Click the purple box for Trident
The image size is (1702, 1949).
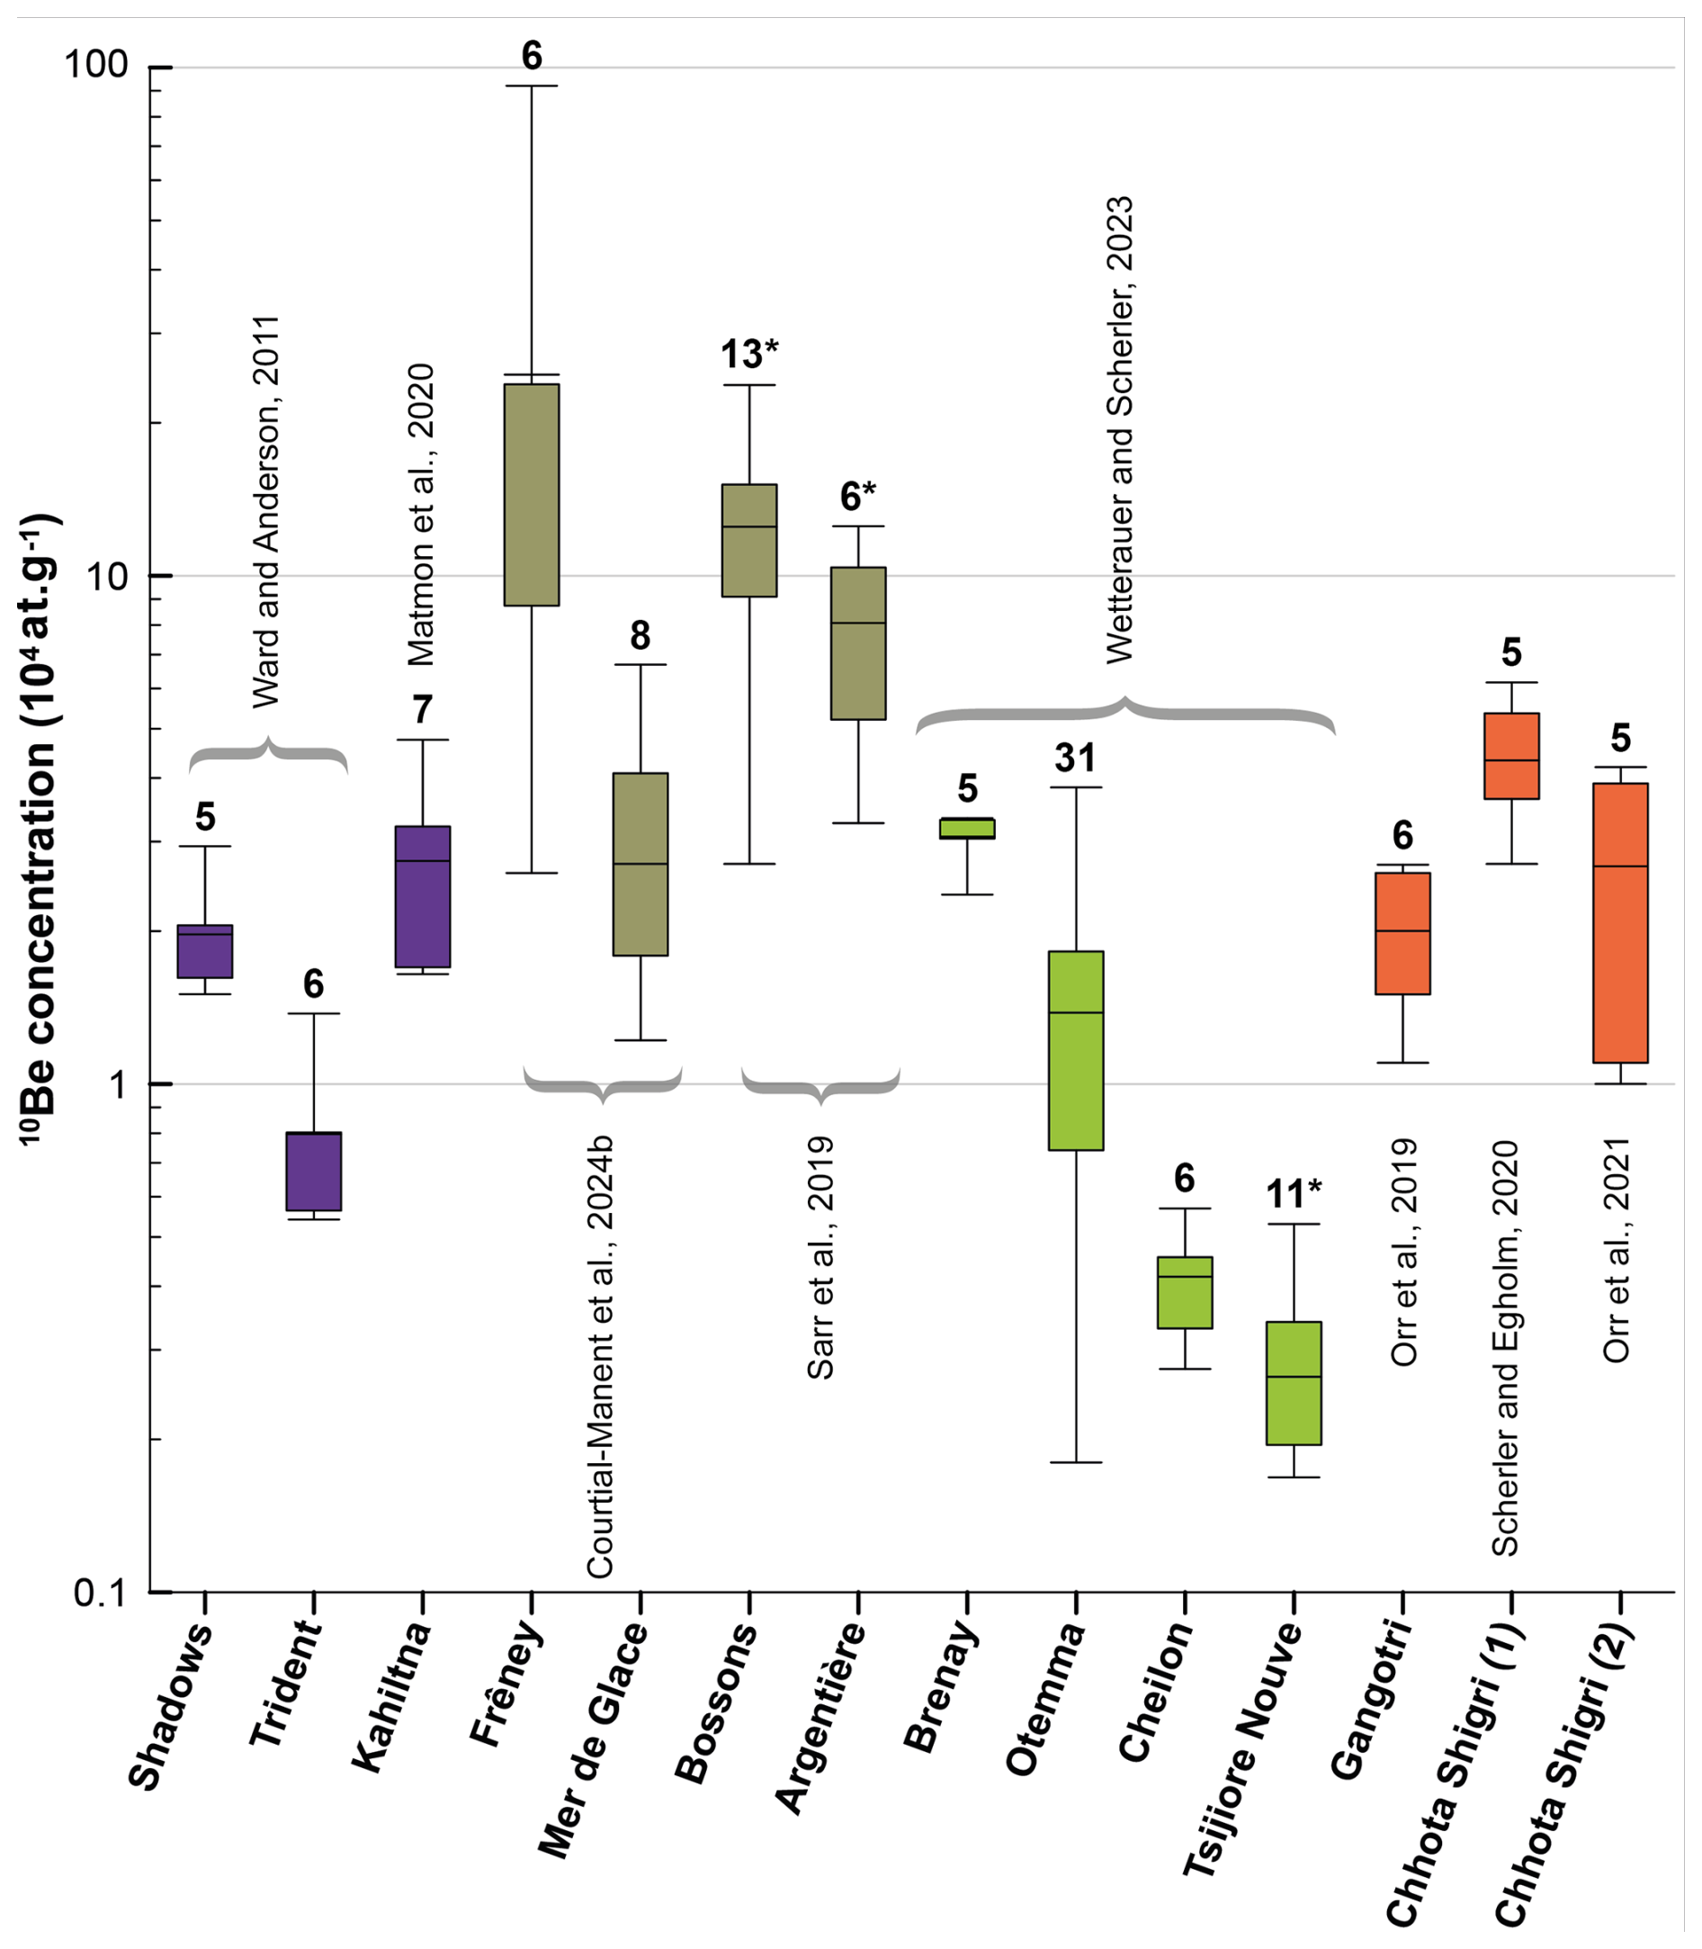coord(313,1172)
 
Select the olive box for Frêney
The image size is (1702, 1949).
coord(531,494)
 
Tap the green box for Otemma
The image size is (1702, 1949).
coord(1075,1049)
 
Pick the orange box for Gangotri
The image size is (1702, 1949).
coord(1402,934)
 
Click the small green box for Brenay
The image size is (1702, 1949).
coord(967,828)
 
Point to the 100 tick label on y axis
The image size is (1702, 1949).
coord(95,65)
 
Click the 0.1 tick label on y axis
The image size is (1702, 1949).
coord(100,1593)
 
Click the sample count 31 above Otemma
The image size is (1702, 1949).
coord(1075,758)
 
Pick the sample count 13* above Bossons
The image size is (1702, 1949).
coord(749,355)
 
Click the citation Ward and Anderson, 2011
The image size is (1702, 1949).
coord(267,512)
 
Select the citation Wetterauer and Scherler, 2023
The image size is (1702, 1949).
coord(1121,429)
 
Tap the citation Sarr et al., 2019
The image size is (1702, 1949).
coord(820,1258)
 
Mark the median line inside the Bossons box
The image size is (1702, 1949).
coord(749,526)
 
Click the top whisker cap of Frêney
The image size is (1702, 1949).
coord(531,86)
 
